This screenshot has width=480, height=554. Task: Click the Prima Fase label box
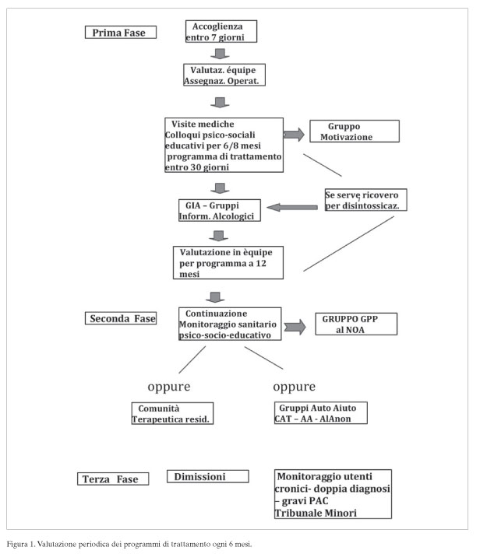coord(121,32)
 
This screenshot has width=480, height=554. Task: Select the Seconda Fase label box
coord(121,318)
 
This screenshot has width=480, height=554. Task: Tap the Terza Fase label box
coord(113,479)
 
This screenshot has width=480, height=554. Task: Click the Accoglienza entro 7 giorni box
coord(221,31)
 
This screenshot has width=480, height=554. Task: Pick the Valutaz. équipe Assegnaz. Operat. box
coord(224,75)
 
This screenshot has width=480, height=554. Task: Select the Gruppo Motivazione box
coord(355,131)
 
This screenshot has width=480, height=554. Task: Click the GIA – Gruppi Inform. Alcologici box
coord(220,210)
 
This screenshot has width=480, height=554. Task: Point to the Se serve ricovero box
coord(365,200)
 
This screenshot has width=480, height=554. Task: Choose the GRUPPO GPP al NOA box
coord(356,324)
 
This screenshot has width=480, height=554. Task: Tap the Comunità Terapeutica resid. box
coord(172,413)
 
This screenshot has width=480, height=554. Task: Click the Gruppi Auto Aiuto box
coord(321,412)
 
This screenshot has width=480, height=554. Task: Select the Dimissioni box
coord(208,476)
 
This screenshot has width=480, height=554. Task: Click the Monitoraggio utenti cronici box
coord(333,494)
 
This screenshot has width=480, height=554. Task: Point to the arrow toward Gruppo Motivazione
coord(294,135)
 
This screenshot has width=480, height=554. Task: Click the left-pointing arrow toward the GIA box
coord(292,208)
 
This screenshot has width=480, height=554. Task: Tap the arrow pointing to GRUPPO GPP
coord(295,327)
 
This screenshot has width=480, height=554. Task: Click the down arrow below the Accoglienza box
coord(220,54)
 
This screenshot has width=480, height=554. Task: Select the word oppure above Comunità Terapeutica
coord(169,387)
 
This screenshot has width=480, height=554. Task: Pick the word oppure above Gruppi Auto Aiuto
coord(294,387)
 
